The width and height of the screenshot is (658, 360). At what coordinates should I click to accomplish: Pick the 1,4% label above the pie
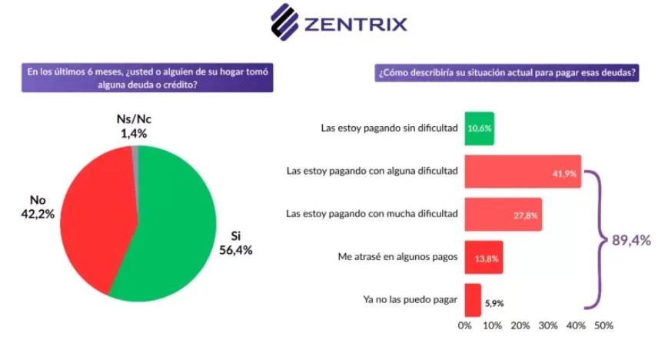(x=133, y=134)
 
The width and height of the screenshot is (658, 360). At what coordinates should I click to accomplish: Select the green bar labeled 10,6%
(x=479, y=128)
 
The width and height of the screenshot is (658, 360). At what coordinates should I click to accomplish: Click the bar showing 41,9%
(x=523, y=172)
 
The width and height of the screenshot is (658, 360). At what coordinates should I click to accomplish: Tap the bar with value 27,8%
(x=503, y=214)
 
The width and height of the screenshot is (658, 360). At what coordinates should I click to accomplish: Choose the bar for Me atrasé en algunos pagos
(x=484, y=257)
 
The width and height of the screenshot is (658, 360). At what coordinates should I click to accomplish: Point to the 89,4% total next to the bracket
(x=630, y=240)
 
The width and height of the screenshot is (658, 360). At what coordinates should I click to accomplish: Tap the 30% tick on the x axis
(x=548, y=326)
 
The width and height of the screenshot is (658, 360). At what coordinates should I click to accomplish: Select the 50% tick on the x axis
(x=603, y=326)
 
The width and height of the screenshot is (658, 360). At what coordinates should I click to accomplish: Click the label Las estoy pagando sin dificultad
(x=389, y=128)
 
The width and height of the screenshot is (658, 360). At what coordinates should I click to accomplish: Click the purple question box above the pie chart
(x=147, y=78)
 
